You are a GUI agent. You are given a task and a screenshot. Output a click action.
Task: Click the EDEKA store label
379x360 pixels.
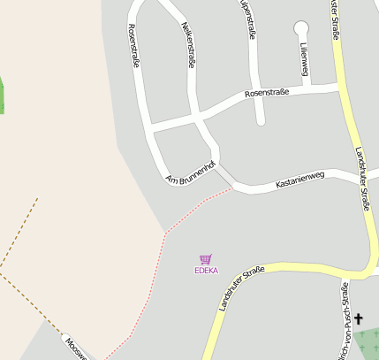206,271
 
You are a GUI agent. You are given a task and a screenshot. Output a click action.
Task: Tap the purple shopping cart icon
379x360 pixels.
206,259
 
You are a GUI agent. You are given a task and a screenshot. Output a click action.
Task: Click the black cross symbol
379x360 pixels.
360,318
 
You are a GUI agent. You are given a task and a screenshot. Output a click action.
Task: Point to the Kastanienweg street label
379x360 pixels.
300,180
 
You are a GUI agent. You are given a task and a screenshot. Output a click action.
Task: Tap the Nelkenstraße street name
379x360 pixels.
187,46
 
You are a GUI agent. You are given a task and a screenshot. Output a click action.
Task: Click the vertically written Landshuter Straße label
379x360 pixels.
362,177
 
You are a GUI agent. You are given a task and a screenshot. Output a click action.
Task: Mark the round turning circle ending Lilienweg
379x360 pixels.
301,27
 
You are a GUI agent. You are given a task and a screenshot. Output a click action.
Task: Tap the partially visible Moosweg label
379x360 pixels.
75,348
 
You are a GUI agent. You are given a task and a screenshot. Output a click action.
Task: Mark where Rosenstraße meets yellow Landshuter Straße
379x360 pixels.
340,87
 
